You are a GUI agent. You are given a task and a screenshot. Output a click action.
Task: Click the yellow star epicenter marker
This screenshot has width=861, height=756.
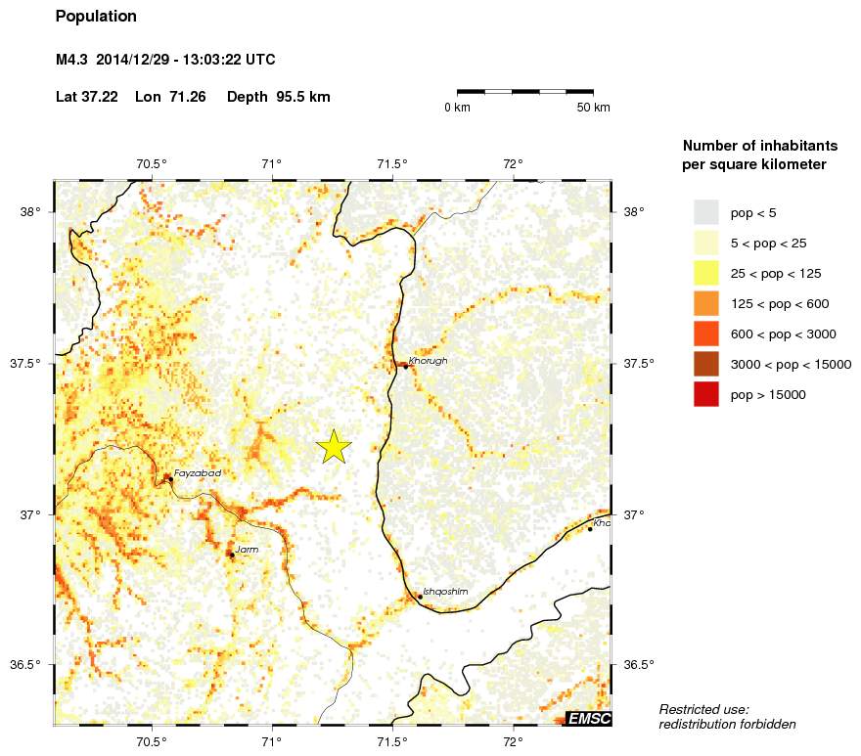[x=334, y=446]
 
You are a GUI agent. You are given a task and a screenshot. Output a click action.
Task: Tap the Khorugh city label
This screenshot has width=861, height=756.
[x=428, y=361]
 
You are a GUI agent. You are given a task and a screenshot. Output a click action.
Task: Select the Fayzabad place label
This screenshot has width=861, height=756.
[x=197, y=473]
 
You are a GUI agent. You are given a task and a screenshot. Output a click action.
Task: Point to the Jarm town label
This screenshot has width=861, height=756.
[x=247, y=550]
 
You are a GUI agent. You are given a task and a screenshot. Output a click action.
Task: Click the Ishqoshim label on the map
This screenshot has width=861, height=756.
[x=445, y=592]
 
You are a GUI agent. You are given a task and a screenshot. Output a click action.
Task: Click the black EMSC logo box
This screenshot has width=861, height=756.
[x=589, y=719]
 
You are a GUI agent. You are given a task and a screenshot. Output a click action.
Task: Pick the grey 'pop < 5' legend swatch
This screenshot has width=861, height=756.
[x=705, y=211]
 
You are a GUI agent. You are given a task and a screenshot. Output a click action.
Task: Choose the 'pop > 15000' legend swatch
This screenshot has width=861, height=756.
[x=705, y=394]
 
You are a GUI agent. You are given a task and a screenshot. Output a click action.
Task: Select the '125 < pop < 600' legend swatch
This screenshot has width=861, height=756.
[x=705, y=303]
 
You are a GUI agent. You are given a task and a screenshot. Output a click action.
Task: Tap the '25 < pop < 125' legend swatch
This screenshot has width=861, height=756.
[x=705, y=273]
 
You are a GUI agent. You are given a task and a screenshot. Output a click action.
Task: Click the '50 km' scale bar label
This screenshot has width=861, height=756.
[x=593, y=107]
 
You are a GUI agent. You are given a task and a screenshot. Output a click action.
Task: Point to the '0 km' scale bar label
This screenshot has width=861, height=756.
[x=457, y=107]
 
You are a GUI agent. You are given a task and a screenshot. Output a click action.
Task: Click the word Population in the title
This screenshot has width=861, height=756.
[x=96, y=17]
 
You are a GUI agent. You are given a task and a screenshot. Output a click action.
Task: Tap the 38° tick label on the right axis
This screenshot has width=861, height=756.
[x=633, y=211]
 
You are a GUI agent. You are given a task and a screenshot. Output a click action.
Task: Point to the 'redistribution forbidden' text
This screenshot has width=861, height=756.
[x=727, y=725]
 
